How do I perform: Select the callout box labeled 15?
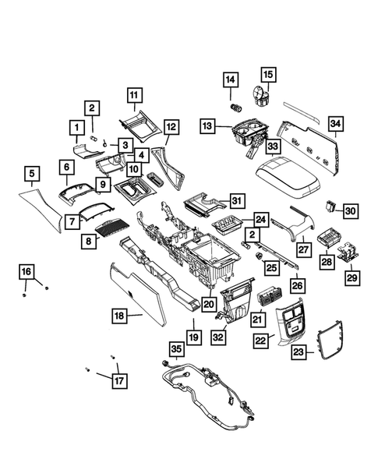tap(267, 75)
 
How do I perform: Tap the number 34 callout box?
tap(335, 123)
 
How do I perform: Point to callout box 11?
tap(134, 96)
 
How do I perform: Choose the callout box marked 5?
tap(31, 173)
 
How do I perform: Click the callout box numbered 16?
tap(26, 271)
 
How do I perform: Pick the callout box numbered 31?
tap(237, 200)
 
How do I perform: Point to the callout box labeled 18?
tap(119, 316)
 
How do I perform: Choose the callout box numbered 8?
tap(90, 242)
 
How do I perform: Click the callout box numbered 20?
tap(208, 304)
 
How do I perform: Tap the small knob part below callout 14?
tap(231, 104)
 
